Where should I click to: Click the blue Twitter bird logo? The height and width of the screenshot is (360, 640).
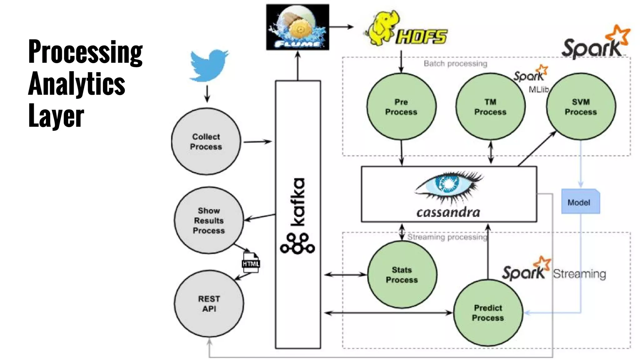point(209,66)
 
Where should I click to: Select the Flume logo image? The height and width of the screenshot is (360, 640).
point(297,27)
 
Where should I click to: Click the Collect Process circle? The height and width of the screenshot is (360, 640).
point(206,142)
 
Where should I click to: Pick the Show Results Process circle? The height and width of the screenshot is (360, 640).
point(209,221)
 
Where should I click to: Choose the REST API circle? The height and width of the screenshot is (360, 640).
point(209,303)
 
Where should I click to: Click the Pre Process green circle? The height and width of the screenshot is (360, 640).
point(401,107)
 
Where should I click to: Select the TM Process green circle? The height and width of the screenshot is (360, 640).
point(490,107)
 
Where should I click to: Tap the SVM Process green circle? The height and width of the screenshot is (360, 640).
point(581,107)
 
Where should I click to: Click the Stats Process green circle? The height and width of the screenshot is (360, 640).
point(402,275)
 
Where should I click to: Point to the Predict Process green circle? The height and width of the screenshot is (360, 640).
point(488,313)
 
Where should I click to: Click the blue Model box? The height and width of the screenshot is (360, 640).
point(580,202)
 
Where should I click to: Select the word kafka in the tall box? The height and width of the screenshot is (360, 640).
point(297,202)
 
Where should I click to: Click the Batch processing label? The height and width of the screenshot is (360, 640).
point(455,64)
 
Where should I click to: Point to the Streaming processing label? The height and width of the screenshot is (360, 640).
point(447,237)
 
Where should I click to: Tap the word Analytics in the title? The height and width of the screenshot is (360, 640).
point(77,84)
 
